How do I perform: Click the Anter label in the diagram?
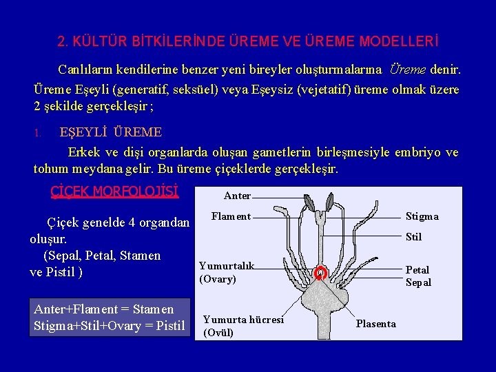[x=238, y=196]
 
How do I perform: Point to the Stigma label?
[x=422, y=216]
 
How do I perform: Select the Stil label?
[x=413, y=238]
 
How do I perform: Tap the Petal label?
[x=417, y=270]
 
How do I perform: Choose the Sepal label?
[x=418, y=282]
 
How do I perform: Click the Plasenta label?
[x=375, y=324]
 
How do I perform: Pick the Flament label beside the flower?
[x=231, y=216]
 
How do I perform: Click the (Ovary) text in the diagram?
[x=218, y=279]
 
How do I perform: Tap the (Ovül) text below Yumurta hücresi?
[x=219, y=333]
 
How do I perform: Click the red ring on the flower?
[x=320, y=273]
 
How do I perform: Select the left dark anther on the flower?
[x=309, y=203]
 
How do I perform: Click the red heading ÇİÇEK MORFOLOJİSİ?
[x=115, y=191]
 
